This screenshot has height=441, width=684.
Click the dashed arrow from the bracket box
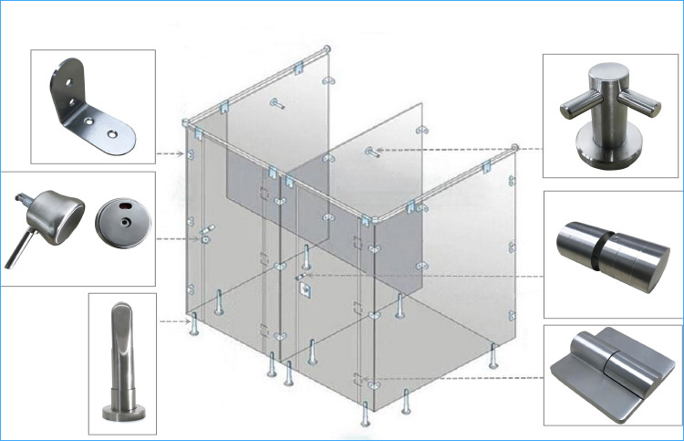pos(169,153)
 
